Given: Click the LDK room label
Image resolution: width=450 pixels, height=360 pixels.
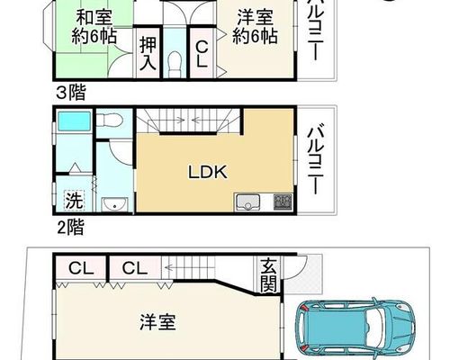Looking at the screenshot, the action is point(207,172).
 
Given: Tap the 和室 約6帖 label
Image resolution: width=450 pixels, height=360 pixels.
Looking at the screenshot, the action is point(94,27).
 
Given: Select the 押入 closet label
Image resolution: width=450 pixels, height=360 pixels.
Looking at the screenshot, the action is point(148,53).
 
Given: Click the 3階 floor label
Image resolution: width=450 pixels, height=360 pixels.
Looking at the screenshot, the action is point(71,92).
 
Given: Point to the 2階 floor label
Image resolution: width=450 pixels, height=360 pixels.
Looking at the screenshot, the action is point(71,227).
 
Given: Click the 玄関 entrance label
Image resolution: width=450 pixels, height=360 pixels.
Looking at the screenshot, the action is point(268,274).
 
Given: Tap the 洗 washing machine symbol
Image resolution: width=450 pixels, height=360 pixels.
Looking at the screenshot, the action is point(74,200).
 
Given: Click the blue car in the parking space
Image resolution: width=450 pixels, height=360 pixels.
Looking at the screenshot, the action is point(355,326).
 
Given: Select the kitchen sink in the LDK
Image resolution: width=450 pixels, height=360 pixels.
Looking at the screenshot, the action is point(247,202).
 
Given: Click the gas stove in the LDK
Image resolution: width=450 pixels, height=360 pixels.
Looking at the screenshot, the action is point(283,202).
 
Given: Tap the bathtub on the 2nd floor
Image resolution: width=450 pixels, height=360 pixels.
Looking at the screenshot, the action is point(74,121).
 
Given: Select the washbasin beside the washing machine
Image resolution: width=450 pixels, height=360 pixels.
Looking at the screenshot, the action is point(114,204).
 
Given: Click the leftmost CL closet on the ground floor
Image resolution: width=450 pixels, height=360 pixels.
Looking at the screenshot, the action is point(81,268).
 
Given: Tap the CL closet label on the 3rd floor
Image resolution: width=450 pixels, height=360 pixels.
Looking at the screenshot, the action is point(202,54).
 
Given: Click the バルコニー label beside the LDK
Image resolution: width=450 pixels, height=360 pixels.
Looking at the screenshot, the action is point(315,160).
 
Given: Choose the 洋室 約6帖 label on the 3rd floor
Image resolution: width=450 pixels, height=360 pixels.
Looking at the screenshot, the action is point(255,27).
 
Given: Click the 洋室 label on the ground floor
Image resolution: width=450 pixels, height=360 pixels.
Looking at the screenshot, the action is point(157,322).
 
